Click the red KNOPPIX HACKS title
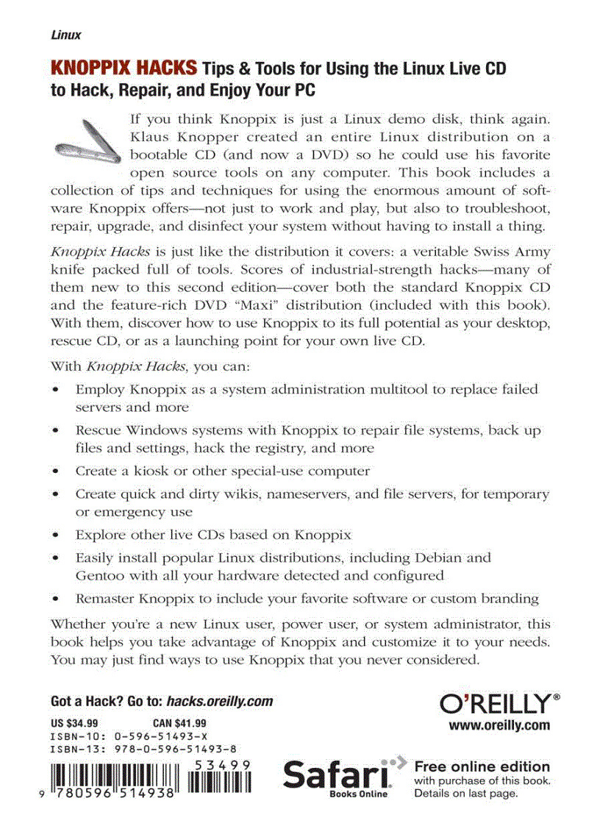click(x=123, y=70)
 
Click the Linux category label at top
click(x=65, y=35)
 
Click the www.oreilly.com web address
click(x=499, y=725)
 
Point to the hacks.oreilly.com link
click(x=220, y=701)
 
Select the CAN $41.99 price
click(x=179, y=722)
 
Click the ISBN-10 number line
click(x=129, y=736)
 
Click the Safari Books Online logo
click(x=338, y=777)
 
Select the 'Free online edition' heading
click(x=482, y=766)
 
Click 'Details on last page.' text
click(x=466, y=794)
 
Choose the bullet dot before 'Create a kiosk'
click(x=57, y=471)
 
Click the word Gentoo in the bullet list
click(x=99, y=575)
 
